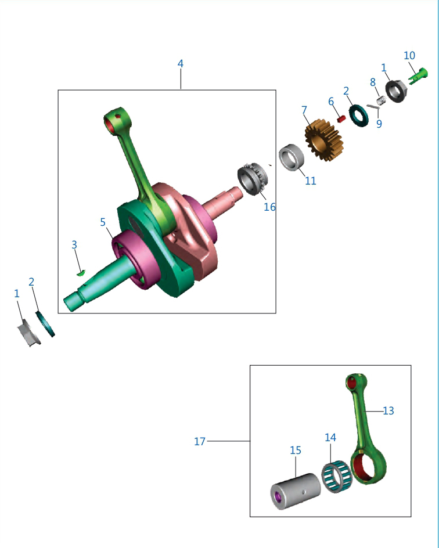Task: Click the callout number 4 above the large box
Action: (181, 64)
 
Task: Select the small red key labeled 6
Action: (341, 119)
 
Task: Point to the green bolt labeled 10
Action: (418, 76)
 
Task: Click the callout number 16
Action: (269, 207)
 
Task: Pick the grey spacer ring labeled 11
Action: (291, 157)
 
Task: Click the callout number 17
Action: (200, 441)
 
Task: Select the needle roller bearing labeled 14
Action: (337, 477)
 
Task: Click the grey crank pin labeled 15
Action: (296, 491)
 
